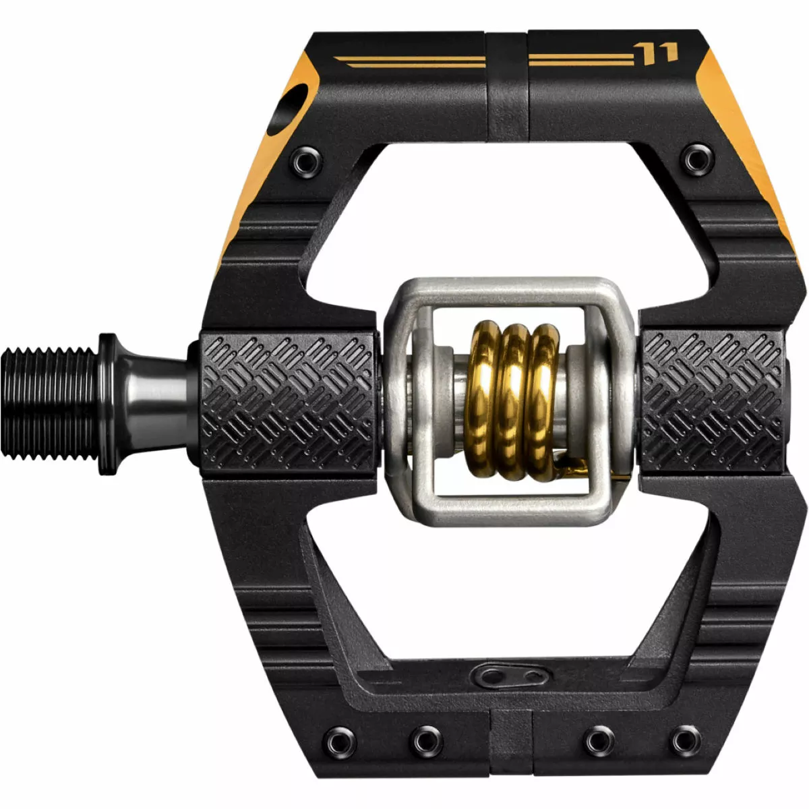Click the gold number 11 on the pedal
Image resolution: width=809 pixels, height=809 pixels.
tap(655, 53)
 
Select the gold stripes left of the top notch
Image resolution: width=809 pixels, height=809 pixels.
tap(411, 63)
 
